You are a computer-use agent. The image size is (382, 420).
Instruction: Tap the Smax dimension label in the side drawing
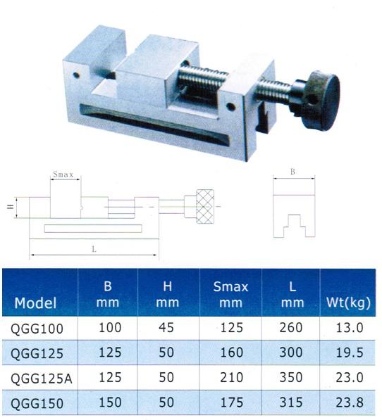tap(63, 174)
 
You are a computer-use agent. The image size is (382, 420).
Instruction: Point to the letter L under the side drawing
tap(94, 249)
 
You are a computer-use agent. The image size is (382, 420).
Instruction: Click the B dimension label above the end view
tap(292, 172)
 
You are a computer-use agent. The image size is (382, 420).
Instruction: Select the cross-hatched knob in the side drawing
tap(205, 207)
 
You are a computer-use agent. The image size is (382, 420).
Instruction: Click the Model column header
tap(35, 303)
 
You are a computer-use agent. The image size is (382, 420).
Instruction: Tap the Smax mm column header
tap(230, 295)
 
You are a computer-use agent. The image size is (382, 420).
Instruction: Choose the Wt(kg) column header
tap(348, 303)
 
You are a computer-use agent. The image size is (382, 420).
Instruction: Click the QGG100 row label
tap(37, 329)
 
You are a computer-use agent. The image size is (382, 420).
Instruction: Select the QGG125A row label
tap(42, 378)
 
